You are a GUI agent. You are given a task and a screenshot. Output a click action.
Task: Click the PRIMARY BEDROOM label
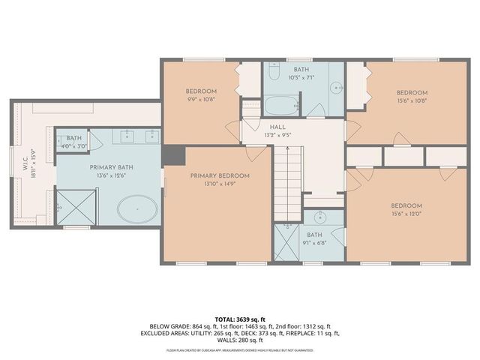click(219, 175)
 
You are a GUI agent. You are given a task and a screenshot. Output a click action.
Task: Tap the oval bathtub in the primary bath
click(137, 208)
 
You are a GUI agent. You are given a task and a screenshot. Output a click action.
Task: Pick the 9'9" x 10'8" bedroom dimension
click(201, 98)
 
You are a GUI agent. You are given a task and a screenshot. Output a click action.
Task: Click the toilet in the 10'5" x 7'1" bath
click(274, 73)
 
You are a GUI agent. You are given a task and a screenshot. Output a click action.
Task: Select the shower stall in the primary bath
click(77, 206)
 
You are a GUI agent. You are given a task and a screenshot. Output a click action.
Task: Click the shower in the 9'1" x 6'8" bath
click(286, 243)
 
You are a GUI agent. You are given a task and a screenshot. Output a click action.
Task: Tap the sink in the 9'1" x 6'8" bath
click(321, 218)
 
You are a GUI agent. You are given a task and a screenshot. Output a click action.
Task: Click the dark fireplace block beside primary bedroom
click(173, 154)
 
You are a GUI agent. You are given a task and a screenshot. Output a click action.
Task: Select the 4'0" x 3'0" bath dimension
click(73, 147)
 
